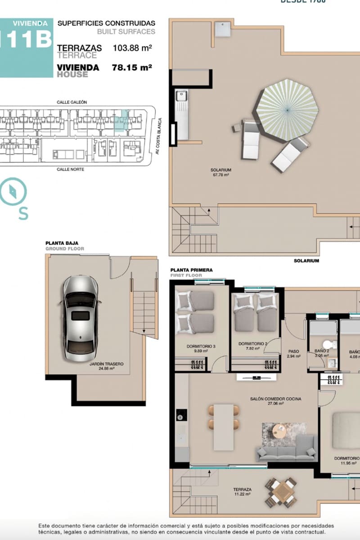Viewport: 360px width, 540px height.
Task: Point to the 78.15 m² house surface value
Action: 131,67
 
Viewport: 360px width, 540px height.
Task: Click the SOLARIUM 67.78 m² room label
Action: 220,172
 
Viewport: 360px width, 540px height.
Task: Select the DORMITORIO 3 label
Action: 201,349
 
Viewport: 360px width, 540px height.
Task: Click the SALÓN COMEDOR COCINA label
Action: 275,401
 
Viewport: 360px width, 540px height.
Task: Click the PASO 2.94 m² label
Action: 293,354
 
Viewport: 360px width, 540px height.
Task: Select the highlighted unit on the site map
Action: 121,121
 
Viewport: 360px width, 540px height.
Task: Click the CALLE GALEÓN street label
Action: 72,102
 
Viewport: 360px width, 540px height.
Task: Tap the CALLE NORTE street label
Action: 70,169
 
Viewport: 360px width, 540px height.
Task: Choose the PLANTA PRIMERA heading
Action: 191,270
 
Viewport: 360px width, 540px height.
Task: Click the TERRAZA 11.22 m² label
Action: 242,491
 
